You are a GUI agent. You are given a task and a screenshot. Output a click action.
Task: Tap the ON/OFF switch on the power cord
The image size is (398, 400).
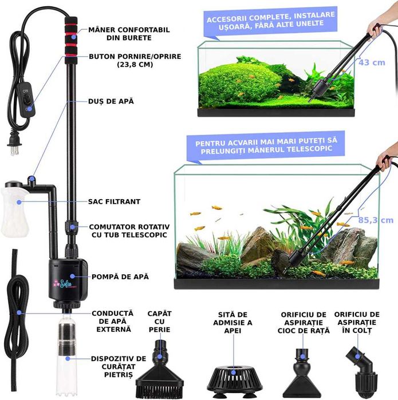tap(26, 97)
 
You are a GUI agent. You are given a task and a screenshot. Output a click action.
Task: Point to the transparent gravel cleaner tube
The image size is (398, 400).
tap(68, 349)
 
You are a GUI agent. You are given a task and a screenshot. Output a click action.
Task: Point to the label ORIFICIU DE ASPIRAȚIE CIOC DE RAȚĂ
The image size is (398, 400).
tap(303, 322)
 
